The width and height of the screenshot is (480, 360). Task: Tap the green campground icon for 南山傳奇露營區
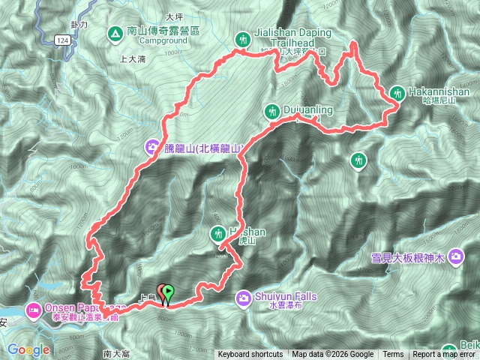point(115,33)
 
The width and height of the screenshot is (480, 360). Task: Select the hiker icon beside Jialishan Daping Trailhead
point(243,38)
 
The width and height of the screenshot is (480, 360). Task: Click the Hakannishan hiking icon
point(397,94)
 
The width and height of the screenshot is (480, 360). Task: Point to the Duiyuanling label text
point(308,111)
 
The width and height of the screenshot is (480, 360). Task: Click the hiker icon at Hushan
point(218,234)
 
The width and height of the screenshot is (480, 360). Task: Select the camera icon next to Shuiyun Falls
point(244,298)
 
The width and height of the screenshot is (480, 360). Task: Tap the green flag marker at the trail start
point(168,293)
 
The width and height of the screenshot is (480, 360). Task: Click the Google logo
point(28,349)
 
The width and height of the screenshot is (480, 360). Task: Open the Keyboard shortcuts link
point(250,355)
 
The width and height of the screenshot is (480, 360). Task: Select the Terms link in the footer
point(393,355)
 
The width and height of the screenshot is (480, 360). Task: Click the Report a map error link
point(445,355)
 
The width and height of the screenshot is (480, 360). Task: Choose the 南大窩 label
point(118,353)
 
